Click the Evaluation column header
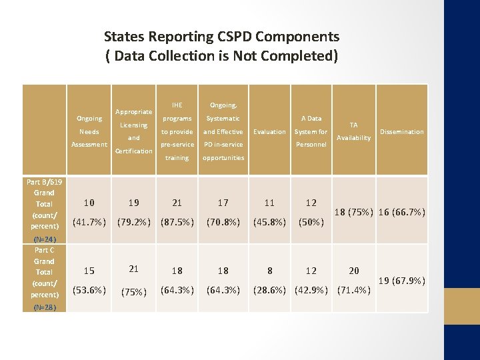click(269, 132)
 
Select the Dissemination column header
click(402, 132)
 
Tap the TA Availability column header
click(353, 131)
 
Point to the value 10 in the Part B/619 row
click(89, 203)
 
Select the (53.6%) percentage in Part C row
click(89, 289)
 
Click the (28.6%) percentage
click(269, 289)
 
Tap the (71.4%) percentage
click(353, 289)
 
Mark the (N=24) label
click(44, 239)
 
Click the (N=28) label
click(44, 307)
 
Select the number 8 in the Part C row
click(269, 271)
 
